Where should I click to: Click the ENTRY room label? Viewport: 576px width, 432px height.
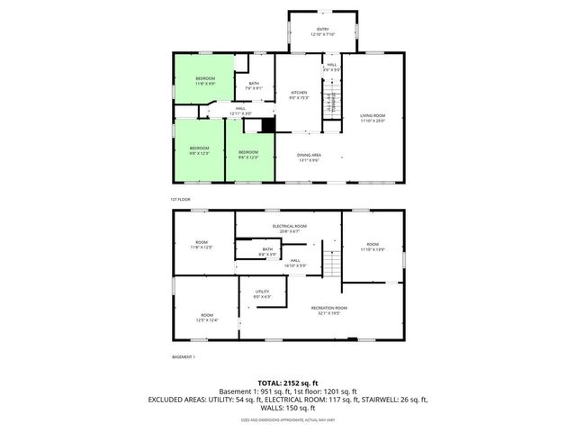(x=322, y=31)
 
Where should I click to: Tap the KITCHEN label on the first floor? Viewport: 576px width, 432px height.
(x=300, y=94)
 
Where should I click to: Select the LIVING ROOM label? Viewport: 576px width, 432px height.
(x=373, y=119)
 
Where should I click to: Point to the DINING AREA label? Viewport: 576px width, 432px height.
(x=310, y=157)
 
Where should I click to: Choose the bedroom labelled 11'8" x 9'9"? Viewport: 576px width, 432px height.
(x=205, y=81)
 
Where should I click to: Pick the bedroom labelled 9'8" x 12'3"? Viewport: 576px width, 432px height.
(x=199, y=150)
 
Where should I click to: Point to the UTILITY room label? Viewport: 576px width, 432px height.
(x=262, y=293)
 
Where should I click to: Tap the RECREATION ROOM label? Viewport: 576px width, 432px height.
(x=329, y=310)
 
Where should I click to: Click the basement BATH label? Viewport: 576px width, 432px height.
(x=267, y=252)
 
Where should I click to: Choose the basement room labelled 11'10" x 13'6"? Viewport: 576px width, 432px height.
(x=373, y=247)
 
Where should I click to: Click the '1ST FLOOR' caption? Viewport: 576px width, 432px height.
(x=180, y=199)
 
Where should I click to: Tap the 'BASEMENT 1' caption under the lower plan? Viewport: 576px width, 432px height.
(x=183, y=357)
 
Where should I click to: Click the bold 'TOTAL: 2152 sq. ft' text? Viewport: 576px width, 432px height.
(x=288, y=382)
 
